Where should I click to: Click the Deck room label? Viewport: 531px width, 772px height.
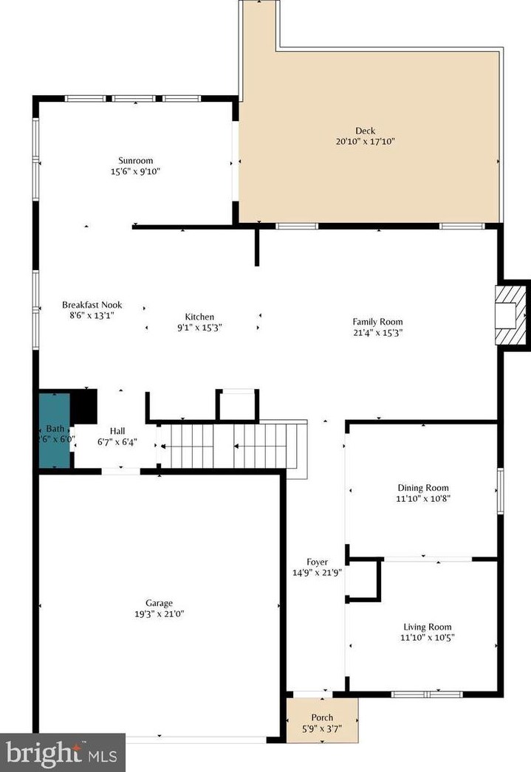point(365,131)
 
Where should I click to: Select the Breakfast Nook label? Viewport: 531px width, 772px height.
point(92,304)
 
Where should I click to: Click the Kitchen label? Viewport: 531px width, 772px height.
point(199,317)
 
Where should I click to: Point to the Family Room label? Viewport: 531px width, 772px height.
point(377,321)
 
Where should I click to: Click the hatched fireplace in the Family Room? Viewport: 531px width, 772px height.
point(508,316)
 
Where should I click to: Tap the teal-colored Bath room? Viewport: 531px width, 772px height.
point(54,430)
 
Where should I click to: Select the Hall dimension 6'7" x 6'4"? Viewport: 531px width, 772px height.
point(117,444)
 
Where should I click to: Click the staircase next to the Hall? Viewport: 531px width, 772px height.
point(229,445)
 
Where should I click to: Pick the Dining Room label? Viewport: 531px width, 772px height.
point(423,488)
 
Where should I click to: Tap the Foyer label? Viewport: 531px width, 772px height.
point(317,562)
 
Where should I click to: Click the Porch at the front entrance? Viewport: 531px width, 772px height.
point(322,722)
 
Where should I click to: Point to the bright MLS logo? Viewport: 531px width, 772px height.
point(62,753)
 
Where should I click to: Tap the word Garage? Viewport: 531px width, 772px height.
point(159,603)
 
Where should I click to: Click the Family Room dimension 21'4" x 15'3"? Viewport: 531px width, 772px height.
point(377,332)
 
